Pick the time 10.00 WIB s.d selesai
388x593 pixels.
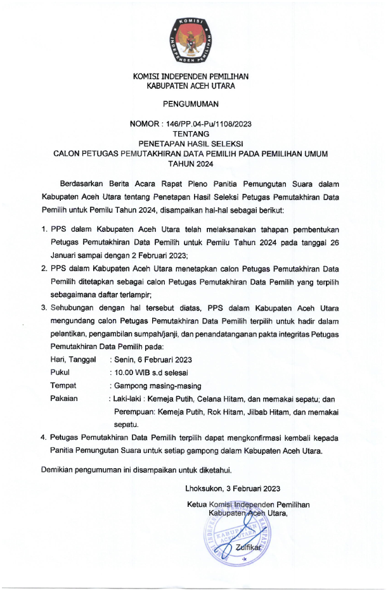click(151, 373)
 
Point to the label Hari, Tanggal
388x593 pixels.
click(73, 359)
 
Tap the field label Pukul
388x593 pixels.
click(60, 373)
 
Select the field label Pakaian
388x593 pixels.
click(64, 399)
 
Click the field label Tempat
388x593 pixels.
click(63, 386)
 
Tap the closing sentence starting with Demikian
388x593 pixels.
click(136, 470)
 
